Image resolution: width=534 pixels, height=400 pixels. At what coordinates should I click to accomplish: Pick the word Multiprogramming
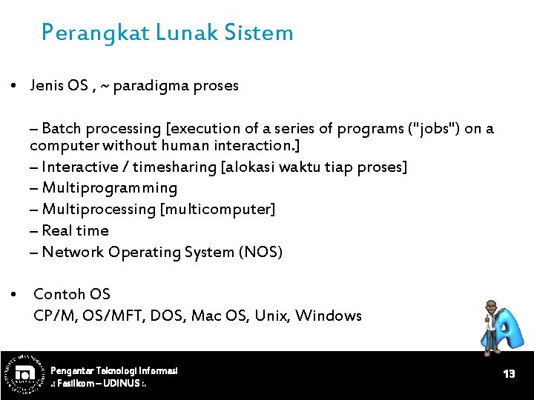(x=110, y=188)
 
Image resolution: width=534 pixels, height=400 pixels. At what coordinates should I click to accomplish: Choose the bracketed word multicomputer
(x=217, y=210)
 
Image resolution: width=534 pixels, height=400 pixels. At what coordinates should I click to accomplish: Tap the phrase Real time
(x=75, y=231)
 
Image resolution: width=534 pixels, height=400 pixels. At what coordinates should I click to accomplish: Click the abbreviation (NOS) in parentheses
(x=260, y=253)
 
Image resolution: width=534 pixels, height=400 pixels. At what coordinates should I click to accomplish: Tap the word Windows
(x=329, y=316)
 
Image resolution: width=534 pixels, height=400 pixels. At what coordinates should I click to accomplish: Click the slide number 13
(x=509, y=374)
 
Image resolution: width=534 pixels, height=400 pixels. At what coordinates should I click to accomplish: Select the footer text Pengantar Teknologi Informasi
(x=113, y=370)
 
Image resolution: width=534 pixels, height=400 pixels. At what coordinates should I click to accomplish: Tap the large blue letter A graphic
(x=508, y=331)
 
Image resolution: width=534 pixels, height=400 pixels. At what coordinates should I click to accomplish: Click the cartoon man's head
(x=492, y=307)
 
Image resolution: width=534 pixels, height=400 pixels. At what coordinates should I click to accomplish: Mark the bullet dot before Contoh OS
(x=15, y=295)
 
